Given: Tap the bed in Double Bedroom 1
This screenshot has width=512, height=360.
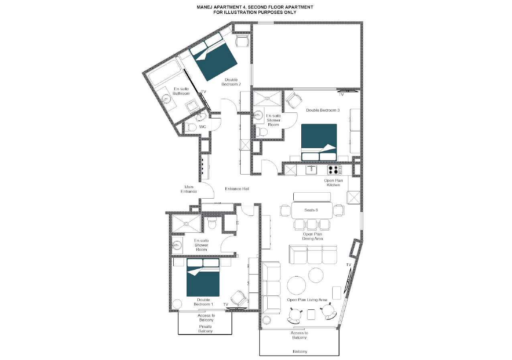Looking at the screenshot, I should (203, 277).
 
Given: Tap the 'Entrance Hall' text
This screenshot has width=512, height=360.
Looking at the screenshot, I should (237, 189).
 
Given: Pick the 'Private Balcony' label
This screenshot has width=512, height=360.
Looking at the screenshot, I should (205, 329).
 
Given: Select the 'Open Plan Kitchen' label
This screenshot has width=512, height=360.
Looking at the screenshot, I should (333, 183).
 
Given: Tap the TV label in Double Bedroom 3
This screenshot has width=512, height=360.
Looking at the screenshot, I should (341, 95).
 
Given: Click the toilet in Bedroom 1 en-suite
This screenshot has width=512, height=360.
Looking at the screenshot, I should (212, 223).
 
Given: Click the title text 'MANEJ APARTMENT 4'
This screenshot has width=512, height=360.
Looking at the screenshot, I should (255, 7).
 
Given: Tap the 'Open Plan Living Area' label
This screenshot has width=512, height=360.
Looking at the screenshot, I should (307, 300).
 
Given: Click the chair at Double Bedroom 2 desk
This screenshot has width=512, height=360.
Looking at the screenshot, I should (242, 41).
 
